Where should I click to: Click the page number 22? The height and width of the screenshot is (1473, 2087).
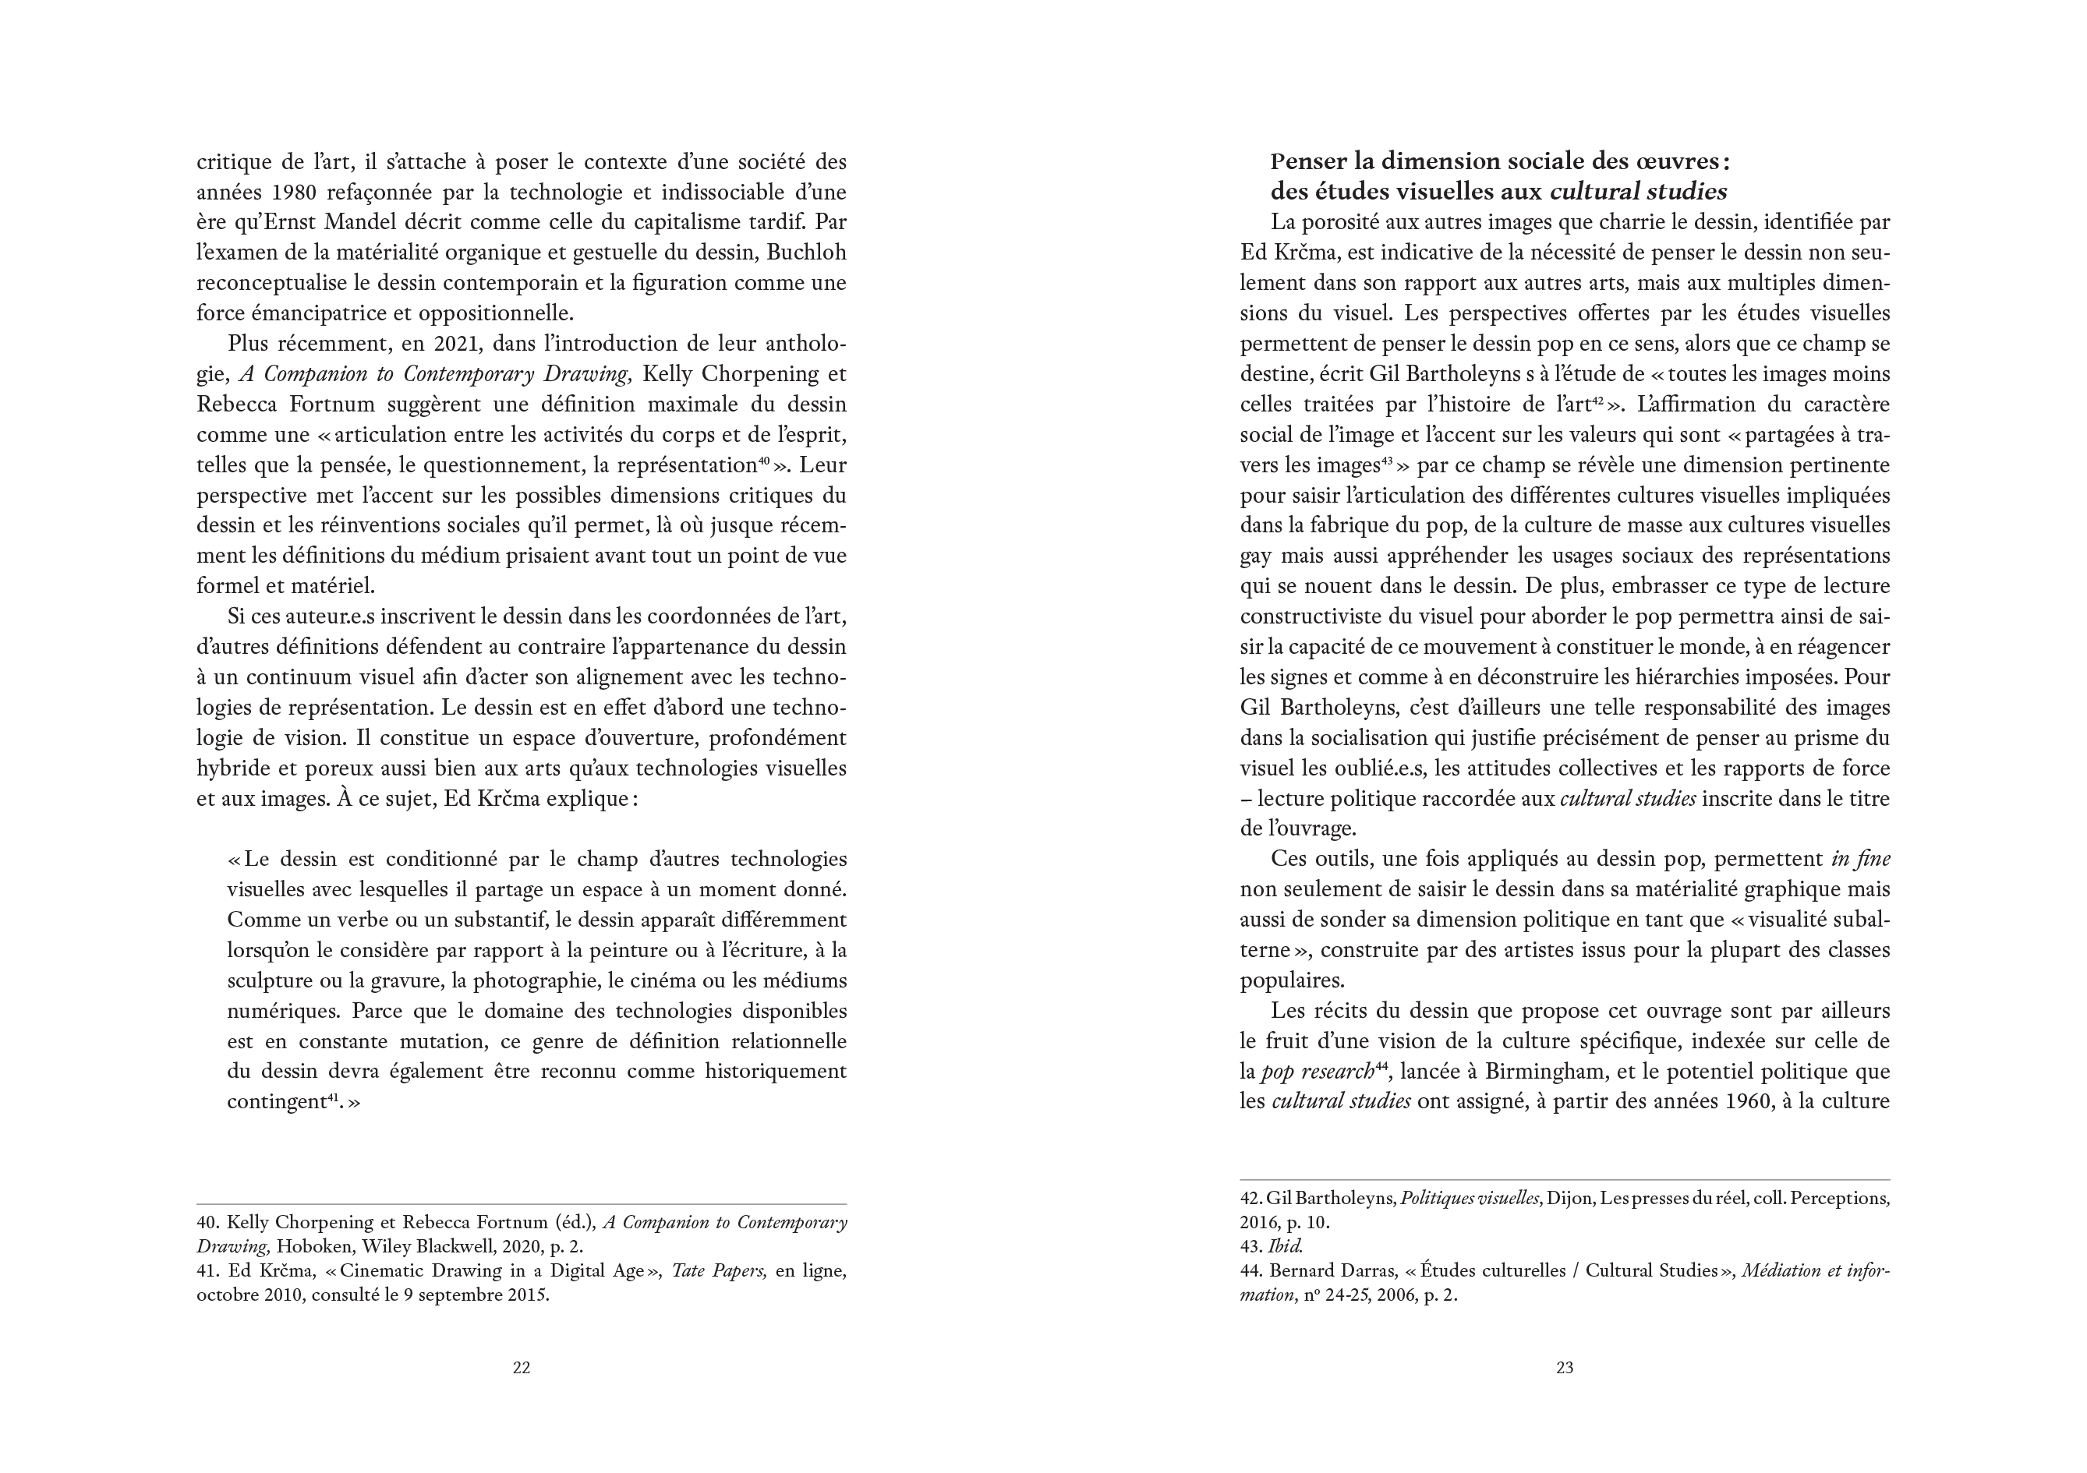(522, 1368)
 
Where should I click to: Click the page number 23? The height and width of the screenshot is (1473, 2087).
(1565, 1368)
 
